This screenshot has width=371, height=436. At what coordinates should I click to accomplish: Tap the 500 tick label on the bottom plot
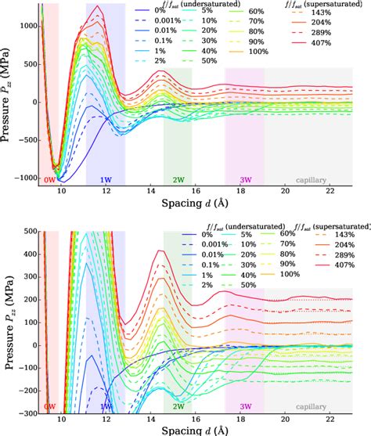[x=30, y=232]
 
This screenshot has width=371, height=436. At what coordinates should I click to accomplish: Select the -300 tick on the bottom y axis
[x=27, y=414]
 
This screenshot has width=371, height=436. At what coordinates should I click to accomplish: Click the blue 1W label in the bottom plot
[x=106, y=407]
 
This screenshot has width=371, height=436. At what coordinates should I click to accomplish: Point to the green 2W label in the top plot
[x=178, y=179]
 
